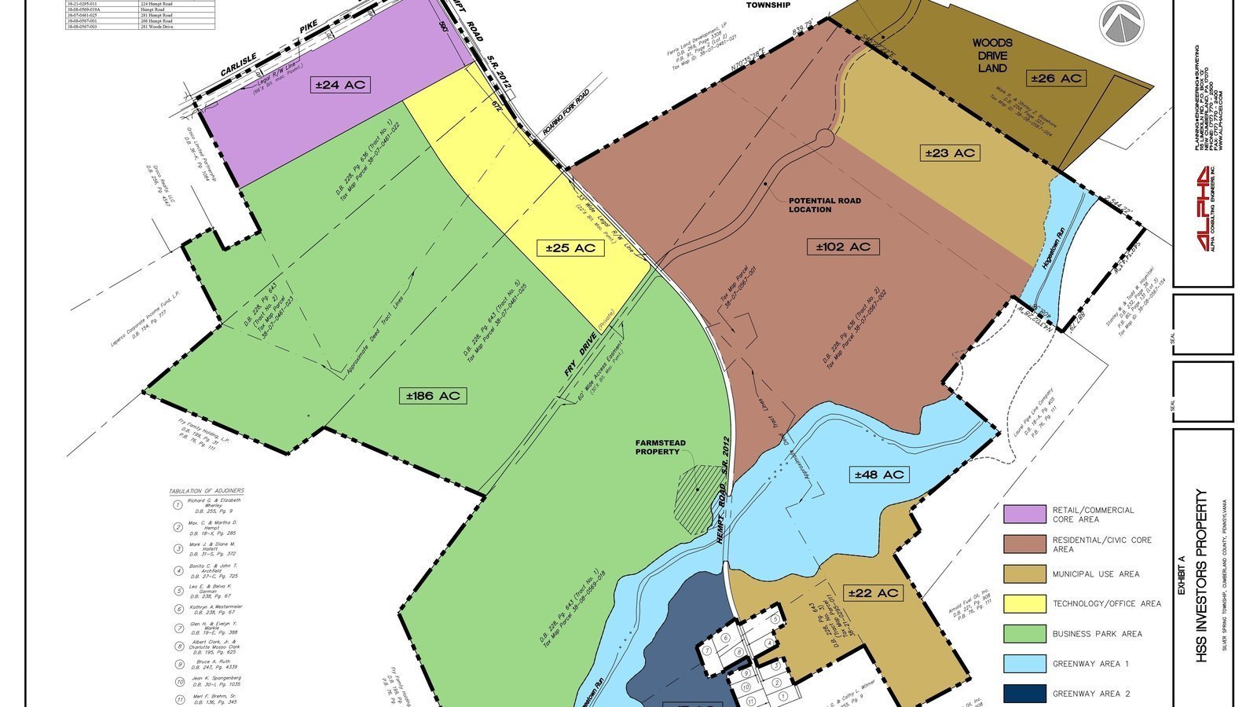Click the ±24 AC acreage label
[x=339, y=85]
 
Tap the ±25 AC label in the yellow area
[x=571, y=248]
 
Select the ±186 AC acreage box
[x=432, y=396]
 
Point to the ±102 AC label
[x=843, y=247]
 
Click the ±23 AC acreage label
[x=951, y=152]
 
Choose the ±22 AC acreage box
[x=872, y=593]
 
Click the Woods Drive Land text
[x=992, y=55]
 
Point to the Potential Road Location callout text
[x=824, y=205]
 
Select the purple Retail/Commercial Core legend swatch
[x=1024, y=515]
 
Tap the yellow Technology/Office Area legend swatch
[x=1024, y=603]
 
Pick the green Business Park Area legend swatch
[x=1024, y=634]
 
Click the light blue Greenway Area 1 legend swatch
[x=1024, y=664]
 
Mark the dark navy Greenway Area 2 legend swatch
[x=1024, y=694]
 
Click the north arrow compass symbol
[x=1122, y=23]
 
